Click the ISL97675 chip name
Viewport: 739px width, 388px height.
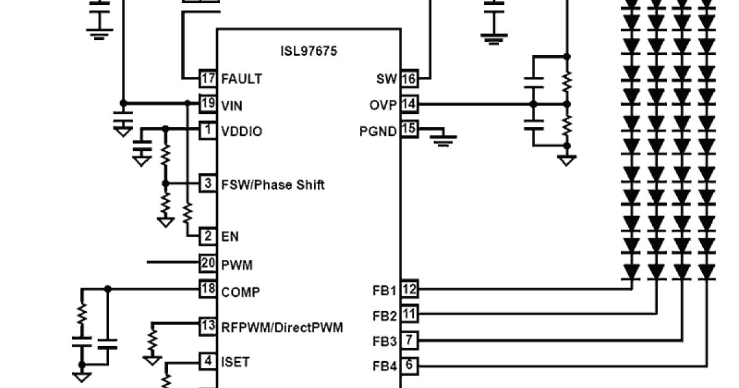[309, 51]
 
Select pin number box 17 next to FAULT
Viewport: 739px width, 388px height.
[208, 79]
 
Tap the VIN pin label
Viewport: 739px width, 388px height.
[232, 106]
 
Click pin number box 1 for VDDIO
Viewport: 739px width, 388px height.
[208, 131]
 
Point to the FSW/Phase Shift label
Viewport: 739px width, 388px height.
[273, 185]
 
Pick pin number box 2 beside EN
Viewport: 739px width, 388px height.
[208, 236]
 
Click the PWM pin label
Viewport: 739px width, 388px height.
[236, 265]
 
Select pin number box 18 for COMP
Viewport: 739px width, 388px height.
[208, 288]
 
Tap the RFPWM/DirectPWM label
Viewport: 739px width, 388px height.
[282, 327]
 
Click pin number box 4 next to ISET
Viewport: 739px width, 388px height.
[208, 360]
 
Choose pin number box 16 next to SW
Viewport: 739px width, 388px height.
[410, 79]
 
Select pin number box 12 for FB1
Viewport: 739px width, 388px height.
[410, 288]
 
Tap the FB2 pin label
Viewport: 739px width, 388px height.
[385, 316]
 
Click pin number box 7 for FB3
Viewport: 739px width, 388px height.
[410, 339]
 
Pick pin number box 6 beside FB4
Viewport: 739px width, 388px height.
[410, 366]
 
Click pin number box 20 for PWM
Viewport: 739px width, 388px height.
[208, 264]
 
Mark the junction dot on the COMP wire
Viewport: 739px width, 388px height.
[108, 288]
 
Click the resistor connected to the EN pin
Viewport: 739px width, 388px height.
[188, 214]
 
